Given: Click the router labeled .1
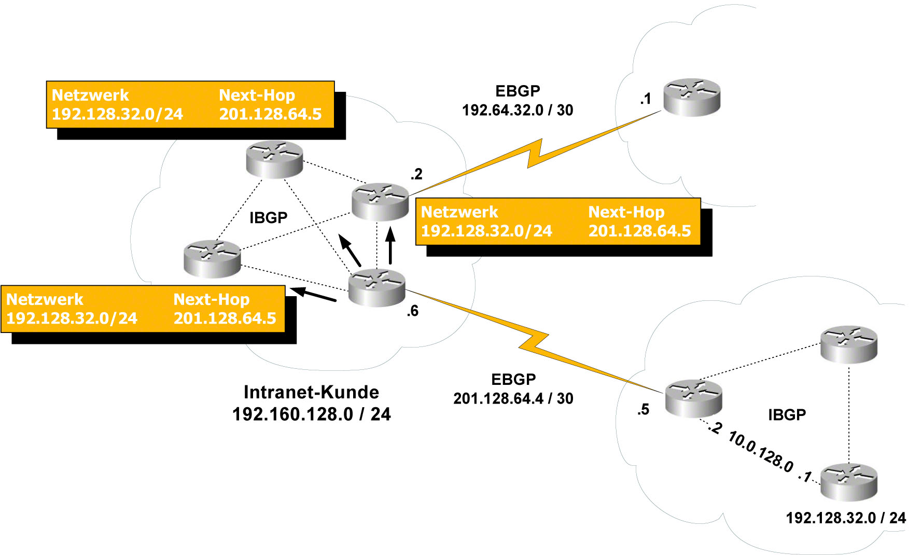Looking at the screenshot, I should [692, 97].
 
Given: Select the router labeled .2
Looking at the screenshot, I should [380, 201].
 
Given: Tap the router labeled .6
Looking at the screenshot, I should [376, 288].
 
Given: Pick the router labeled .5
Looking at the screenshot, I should [693, 398].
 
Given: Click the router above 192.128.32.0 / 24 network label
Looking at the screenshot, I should [849, 482].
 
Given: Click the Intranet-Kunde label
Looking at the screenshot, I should [311, 392].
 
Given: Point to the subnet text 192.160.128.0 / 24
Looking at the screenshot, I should [311, 414].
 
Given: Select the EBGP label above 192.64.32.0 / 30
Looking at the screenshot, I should [518, 91].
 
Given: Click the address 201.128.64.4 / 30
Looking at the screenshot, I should [513, 399].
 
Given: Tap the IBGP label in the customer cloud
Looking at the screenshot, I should [268, 218].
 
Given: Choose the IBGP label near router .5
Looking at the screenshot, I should [787, 415].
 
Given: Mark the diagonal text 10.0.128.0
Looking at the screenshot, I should [761, 452].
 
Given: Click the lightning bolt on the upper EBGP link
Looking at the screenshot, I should [534, 154].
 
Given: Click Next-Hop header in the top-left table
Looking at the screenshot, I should [257, 95].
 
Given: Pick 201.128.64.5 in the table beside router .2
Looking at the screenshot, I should [639, 231].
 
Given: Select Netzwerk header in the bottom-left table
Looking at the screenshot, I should [45, 300].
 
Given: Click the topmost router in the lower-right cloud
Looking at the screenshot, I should [849, 344].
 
